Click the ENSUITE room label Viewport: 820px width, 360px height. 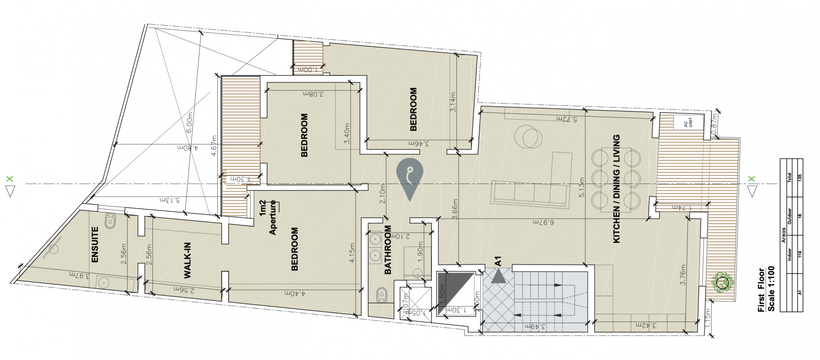[x=95, y=244]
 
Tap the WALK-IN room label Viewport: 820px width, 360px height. [x=188, y=260]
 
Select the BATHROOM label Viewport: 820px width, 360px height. [x=388, y=250]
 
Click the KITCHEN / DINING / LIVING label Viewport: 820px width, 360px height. [x=616, y=189]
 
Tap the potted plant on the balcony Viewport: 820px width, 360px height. [x=722, y=283]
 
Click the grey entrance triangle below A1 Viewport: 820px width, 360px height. [x=498, y=277]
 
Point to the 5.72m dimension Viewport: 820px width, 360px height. [x=566, y=118]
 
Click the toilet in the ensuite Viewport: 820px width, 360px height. [x=110, y=221]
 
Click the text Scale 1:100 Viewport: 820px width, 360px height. [x=771, y=289]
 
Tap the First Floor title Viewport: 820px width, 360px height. [x=761, y=290]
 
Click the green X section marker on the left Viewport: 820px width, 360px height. [x=10, y=179]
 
